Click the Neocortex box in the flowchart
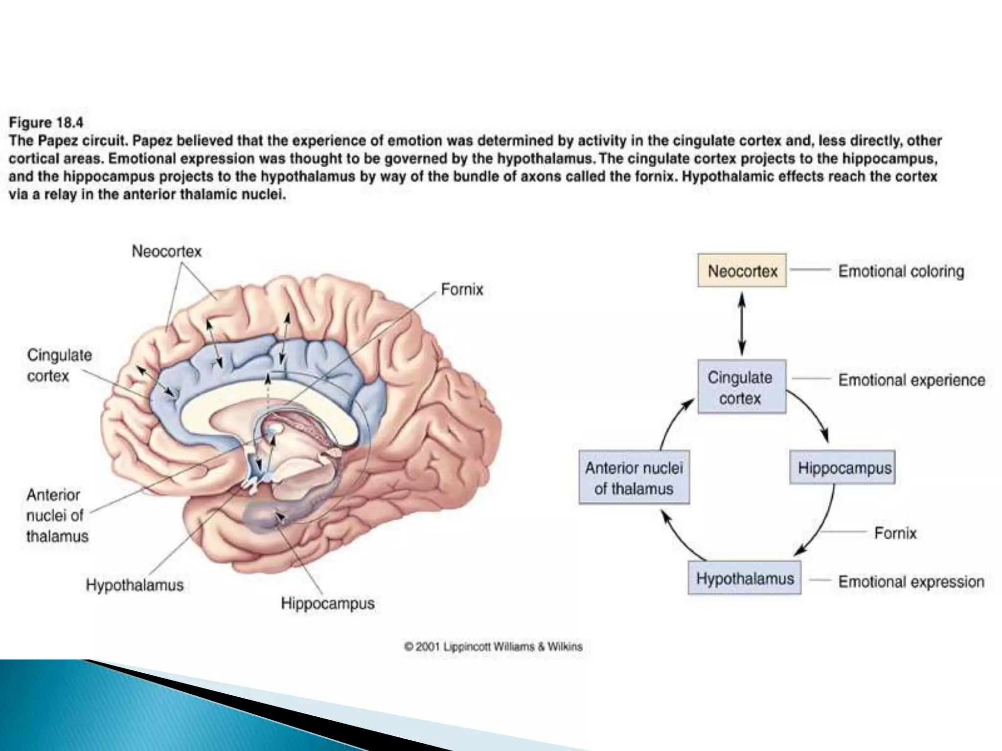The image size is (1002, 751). [x=742, y=270]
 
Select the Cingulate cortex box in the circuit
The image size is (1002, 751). [x=742, y=387]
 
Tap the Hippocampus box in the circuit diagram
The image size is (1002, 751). [x=843, y=468]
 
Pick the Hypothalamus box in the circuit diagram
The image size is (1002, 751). [x=744, y=578]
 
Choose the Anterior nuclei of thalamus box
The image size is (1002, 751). [x=634, y=478]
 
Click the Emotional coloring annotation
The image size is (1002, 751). [x=901, y=271]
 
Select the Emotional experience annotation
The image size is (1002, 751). [x=911, y=380]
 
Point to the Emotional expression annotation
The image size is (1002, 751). [x=911, y=582]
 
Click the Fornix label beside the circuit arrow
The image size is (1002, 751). [x=895, y=532]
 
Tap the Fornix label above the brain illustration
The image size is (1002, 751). [x=462, y=289]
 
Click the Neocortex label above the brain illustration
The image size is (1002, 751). [x=167, y=251]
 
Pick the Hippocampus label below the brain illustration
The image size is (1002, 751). [x=328, y=603]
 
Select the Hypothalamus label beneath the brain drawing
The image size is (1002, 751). [x=135, y=585]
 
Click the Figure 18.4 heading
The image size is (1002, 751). [x=46, y=122]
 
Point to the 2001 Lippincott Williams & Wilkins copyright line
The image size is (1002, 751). [x=493, y=647]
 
